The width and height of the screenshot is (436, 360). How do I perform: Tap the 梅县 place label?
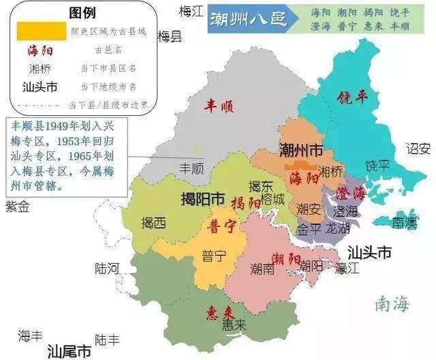tap(170, 37)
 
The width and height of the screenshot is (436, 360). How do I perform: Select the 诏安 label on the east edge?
tap(418, 148)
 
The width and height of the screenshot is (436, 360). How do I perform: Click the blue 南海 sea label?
tap(392, 304)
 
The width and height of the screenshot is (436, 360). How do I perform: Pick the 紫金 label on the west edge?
tap(17, 206)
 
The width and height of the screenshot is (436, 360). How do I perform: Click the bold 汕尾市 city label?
tap(69, 351)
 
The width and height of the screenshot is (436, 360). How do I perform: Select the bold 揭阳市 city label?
tap(202, 199)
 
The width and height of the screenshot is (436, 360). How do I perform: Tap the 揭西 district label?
tap(153, 222)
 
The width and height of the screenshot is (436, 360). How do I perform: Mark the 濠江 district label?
tap(347, 268)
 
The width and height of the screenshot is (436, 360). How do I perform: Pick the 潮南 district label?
tap(262, 268)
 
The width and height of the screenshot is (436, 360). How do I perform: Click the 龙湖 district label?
tap(338, 228)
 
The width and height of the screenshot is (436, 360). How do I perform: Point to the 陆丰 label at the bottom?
tap(107, 339)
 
